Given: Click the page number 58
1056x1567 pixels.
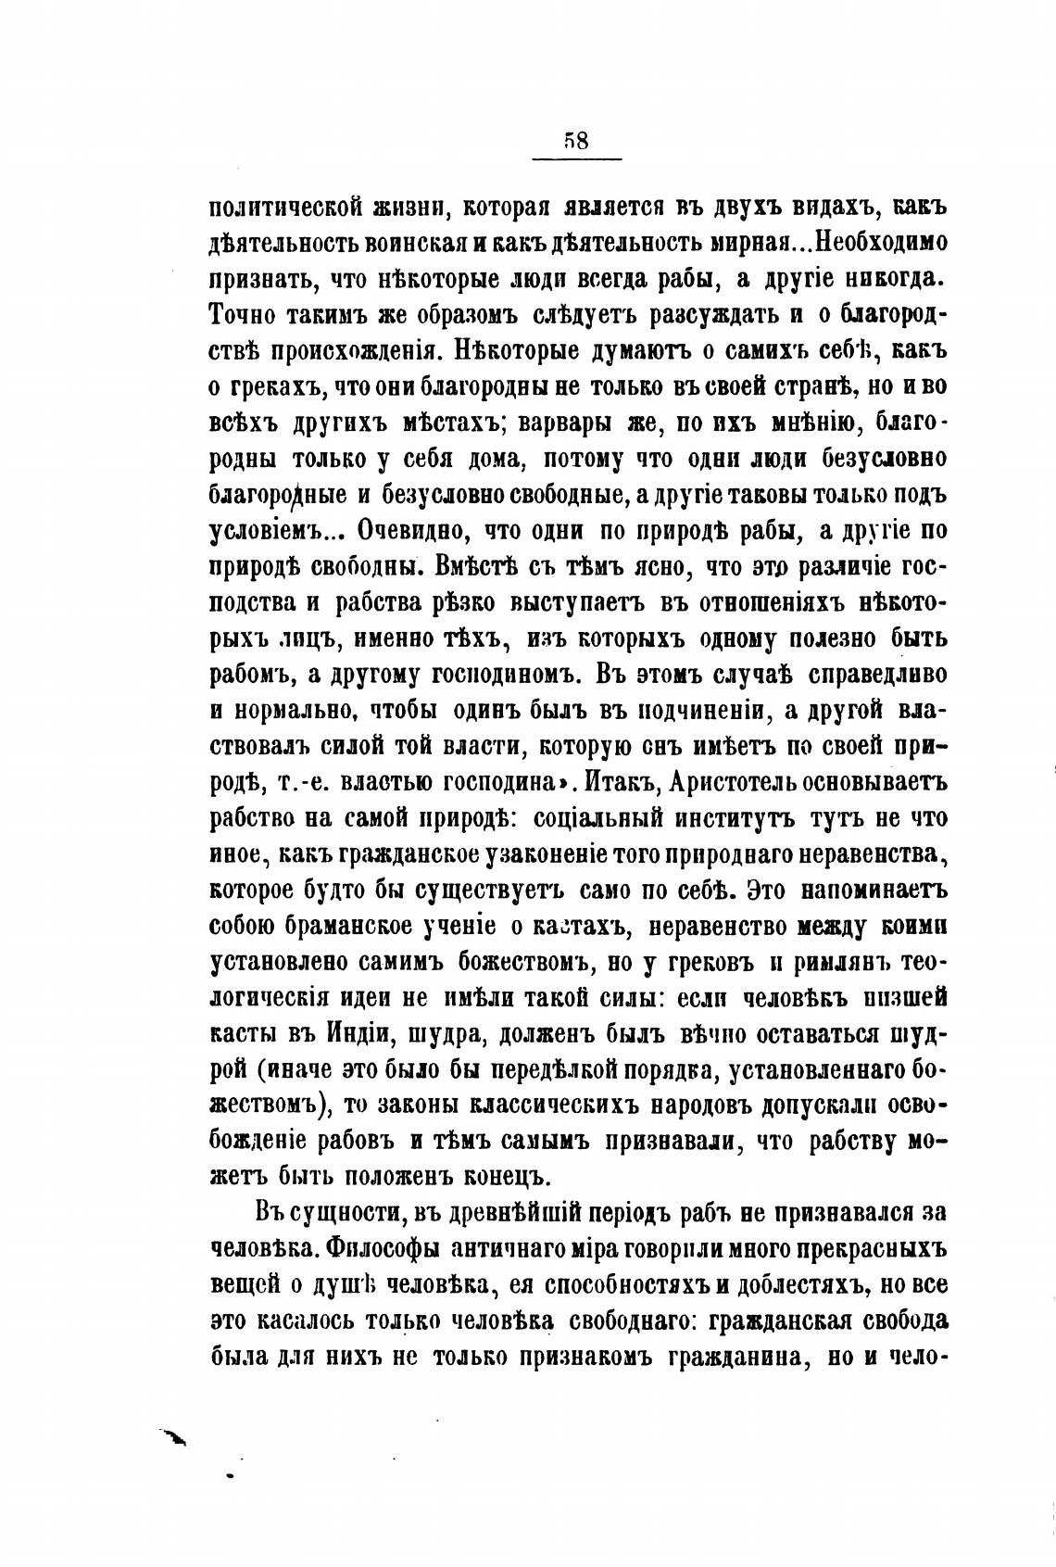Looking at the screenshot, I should tap(575, 140).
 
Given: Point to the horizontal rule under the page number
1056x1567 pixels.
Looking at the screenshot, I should tap(575, 162).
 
